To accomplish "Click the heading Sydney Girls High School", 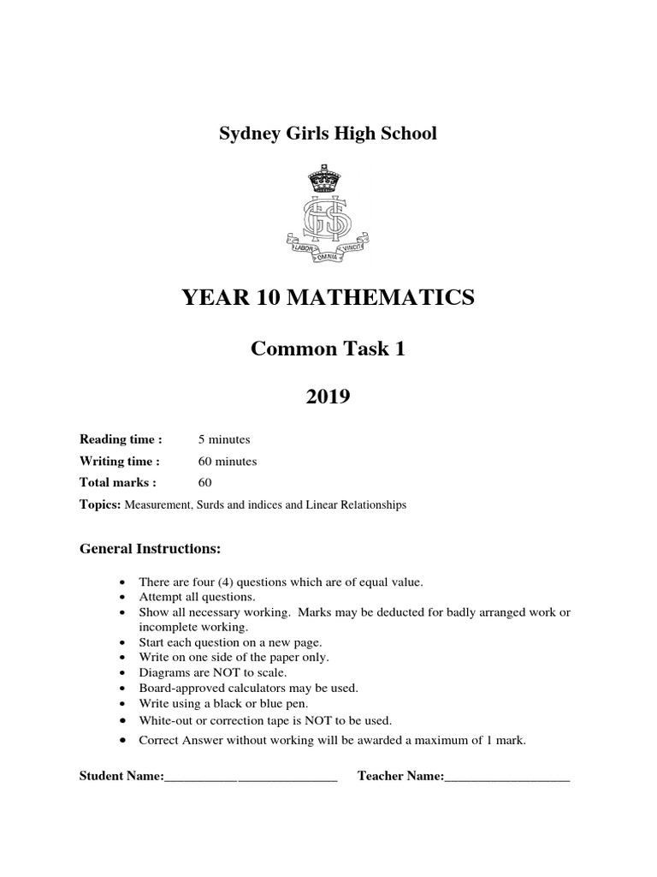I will pyautogui.click(x=328, y=134).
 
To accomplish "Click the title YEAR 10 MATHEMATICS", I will pyautogui.click(x=328, y=298).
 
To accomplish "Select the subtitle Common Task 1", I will pyautogui.click(x=328, y=349).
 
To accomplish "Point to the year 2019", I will pyautogui.click(x=328, y=398).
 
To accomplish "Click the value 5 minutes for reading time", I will pyautogui.click(x=224, y=439).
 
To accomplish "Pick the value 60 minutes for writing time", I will pyautogui.click(x=228, y=461).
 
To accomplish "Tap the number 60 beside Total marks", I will pyautogui.click(x=204, y=482).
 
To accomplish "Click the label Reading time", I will pyautogui.click(x=121, y=439).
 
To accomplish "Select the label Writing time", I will pyautogui.click(x=120, y=461).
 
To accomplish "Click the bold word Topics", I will pyautogui.click(x=101, y=504).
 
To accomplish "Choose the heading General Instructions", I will pyautogui.click(x=151, y=547).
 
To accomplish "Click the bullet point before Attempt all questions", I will pyautogui.click(x=126, y=597).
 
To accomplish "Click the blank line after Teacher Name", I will pyautogui.click(x=507, y=777).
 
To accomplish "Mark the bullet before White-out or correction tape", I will pyautogui.click(x=126, y=720).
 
